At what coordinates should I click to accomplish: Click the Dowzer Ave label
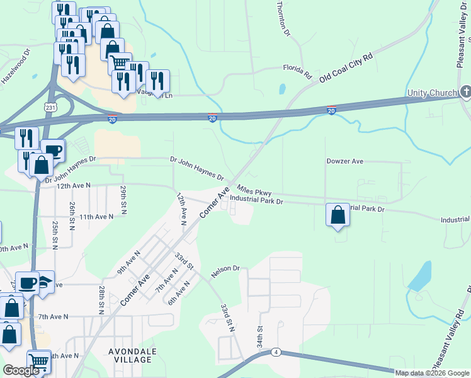click(345, 161)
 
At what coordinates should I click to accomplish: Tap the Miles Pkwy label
click(254, 190)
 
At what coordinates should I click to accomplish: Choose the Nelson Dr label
click(226, 268)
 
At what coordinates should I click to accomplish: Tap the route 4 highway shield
click(276, 352)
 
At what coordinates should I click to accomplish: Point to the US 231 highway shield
click(48, 108)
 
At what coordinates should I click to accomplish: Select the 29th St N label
click(124, 198)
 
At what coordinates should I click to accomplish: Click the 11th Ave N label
click(96, 216)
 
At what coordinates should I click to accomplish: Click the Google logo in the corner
click(21, 370)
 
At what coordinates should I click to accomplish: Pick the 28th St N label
click(101, 299)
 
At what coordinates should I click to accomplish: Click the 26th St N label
click(73, 216)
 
